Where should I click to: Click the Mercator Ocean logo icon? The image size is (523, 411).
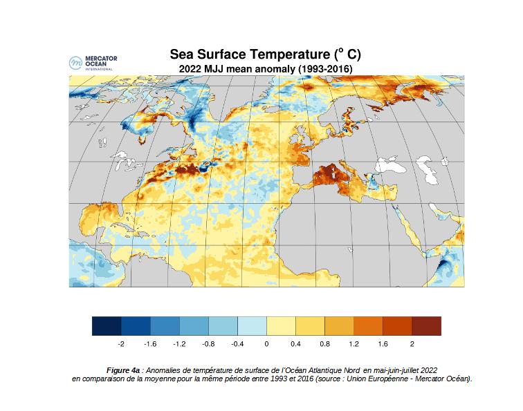pos(75,63)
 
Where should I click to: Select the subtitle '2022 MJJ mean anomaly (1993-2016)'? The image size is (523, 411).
pos(266,69)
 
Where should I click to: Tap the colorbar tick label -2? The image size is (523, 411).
pos(120,343)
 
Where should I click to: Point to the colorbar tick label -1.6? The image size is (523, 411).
pos(149,343)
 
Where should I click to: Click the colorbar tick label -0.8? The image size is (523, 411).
pos(208,343)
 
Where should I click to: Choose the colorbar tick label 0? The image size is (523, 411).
pos(266,343)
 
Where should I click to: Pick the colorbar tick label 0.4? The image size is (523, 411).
pos(295,343)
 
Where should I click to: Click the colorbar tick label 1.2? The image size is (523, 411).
pos(354,343)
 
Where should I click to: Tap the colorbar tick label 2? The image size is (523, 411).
pos(412,343)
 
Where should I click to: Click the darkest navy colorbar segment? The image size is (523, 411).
pos(107,325)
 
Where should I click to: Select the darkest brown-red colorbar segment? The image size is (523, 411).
pos(426,325)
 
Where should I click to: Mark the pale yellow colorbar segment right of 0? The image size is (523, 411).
pos(281,325)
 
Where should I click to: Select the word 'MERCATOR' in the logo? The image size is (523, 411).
pos(100,59)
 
